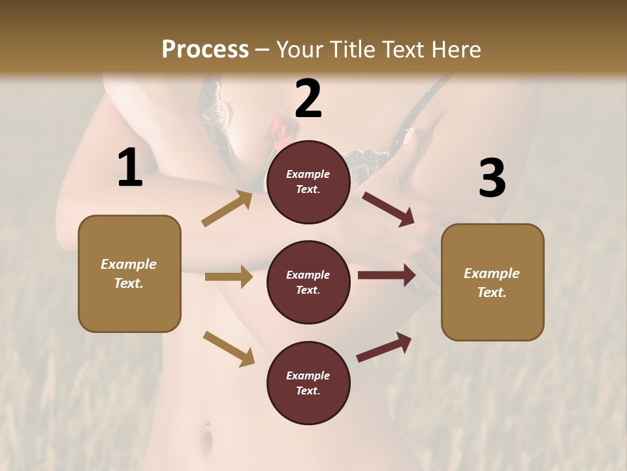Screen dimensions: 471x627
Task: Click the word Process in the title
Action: (205, 50)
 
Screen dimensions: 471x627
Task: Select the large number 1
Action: (130, 168)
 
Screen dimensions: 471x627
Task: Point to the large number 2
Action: (308, 99)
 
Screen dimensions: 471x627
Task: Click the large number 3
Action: (492, 179)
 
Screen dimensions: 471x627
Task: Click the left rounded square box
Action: (129, 273)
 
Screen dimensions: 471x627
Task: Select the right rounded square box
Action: (492, 283)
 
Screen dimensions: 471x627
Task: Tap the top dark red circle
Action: (308, 182)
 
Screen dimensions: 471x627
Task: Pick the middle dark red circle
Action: (308, 282)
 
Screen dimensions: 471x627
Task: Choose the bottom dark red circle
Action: (308, 383)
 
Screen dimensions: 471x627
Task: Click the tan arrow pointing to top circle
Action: (227, 209)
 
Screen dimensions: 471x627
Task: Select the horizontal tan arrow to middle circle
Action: (229, 277)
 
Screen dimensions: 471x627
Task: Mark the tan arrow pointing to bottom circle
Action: (229, 349)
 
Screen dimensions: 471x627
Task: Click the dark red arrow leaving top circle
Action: (389, 209)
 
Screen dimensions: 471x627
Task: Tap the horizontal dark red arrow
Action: (386, 275)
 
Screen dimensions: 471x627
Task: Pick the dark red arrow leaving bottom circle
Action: (384, 347)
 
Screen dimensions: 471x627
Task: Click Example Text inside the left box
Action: (129, 273)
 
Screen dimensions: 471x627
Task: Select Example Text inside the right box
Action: (492, 283)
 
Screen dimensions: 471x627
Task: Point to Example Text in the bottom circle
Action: (308, 383)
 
